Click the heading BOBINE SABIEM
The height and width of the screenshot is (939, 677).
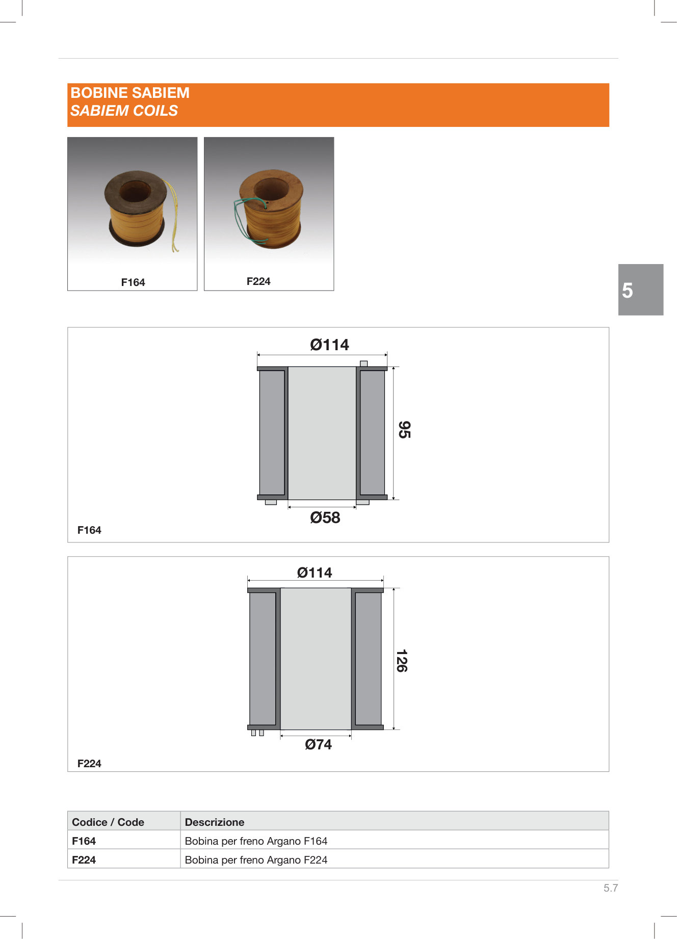pos(130,93)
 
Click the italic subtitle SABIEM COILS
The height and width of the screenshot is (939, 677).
pos(124,111)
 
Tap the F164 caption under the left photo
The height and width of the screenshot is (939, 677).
pos(133,282)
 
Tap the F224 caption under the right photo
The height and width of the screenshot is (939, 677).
pos(258,281)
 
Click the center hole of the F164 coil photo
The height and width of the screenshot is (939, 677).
pos(135,191)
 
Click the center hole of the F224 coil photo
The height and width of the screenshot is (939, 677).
pos(271,189)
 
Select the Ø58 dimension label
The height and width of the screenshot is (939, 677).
pos(325,518)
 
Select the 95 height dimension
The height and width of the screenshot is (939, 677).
pos(404,430)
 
